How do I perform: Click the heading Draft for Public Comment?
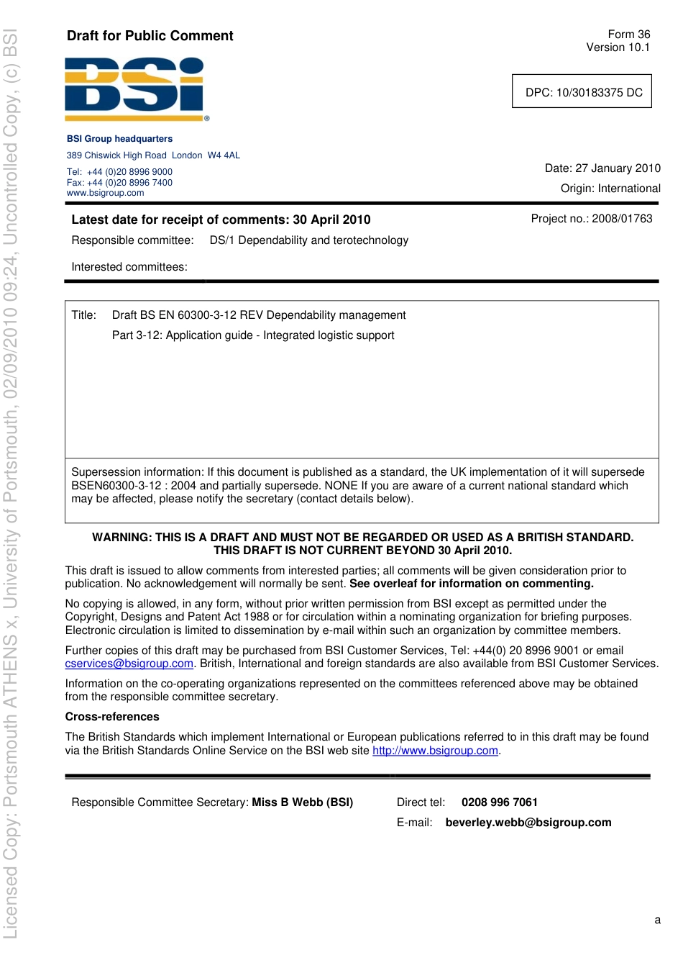click(150, 36)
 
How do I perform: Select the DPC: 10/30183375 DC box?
click(582, 92)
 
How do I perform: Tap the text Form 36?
click(628, 35)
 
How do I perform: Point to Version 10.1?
click(618, 48)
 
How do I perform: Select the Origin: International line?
click(610, 189)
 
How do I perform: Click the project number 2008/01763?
click(622, 219)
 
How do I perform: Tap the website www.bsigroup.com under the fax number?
click(106, 193)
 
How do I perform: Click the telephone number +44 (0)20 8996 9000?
click(129, 172)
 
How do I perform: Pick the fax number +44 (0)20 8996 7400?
click(129, 183)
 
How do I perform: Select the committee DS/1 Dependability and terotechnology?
click(308, 240)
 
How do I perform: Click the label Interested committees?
click(129, 267)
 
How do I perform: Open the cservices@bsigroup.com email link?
click(129, 664)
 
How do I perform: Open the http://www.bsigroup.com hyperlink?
click(435, 751)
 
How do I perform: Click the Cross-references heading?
click(112, 717)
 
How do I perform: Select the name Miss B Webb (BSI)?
click(302, 802)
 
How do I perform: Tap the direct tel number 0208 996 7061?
click(499, 802)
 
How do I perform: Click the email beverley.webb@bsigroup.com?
click(528, 823)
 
